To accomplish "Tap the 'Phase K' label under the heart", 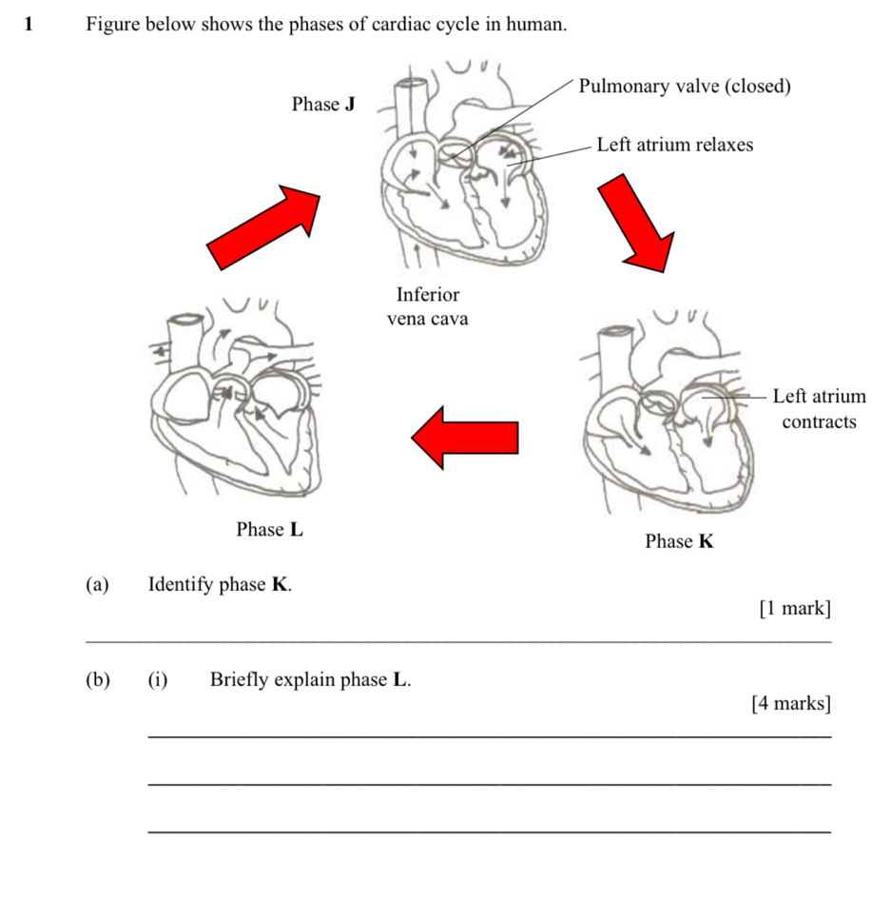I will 679,542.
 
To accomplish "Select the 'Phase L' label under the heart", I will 270,530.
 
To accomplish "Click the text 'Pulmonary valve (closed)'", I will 685,87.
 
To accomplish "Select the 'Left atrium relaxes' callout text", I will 674,145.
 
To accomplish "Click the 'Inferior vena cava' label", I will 427,306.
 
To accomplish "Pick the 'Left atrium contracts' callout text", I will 819,408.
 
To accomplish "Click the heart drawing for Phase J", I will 456,166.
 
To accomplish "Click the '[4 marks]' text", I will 790,704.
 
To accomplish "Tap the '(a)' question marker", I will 96,584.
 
